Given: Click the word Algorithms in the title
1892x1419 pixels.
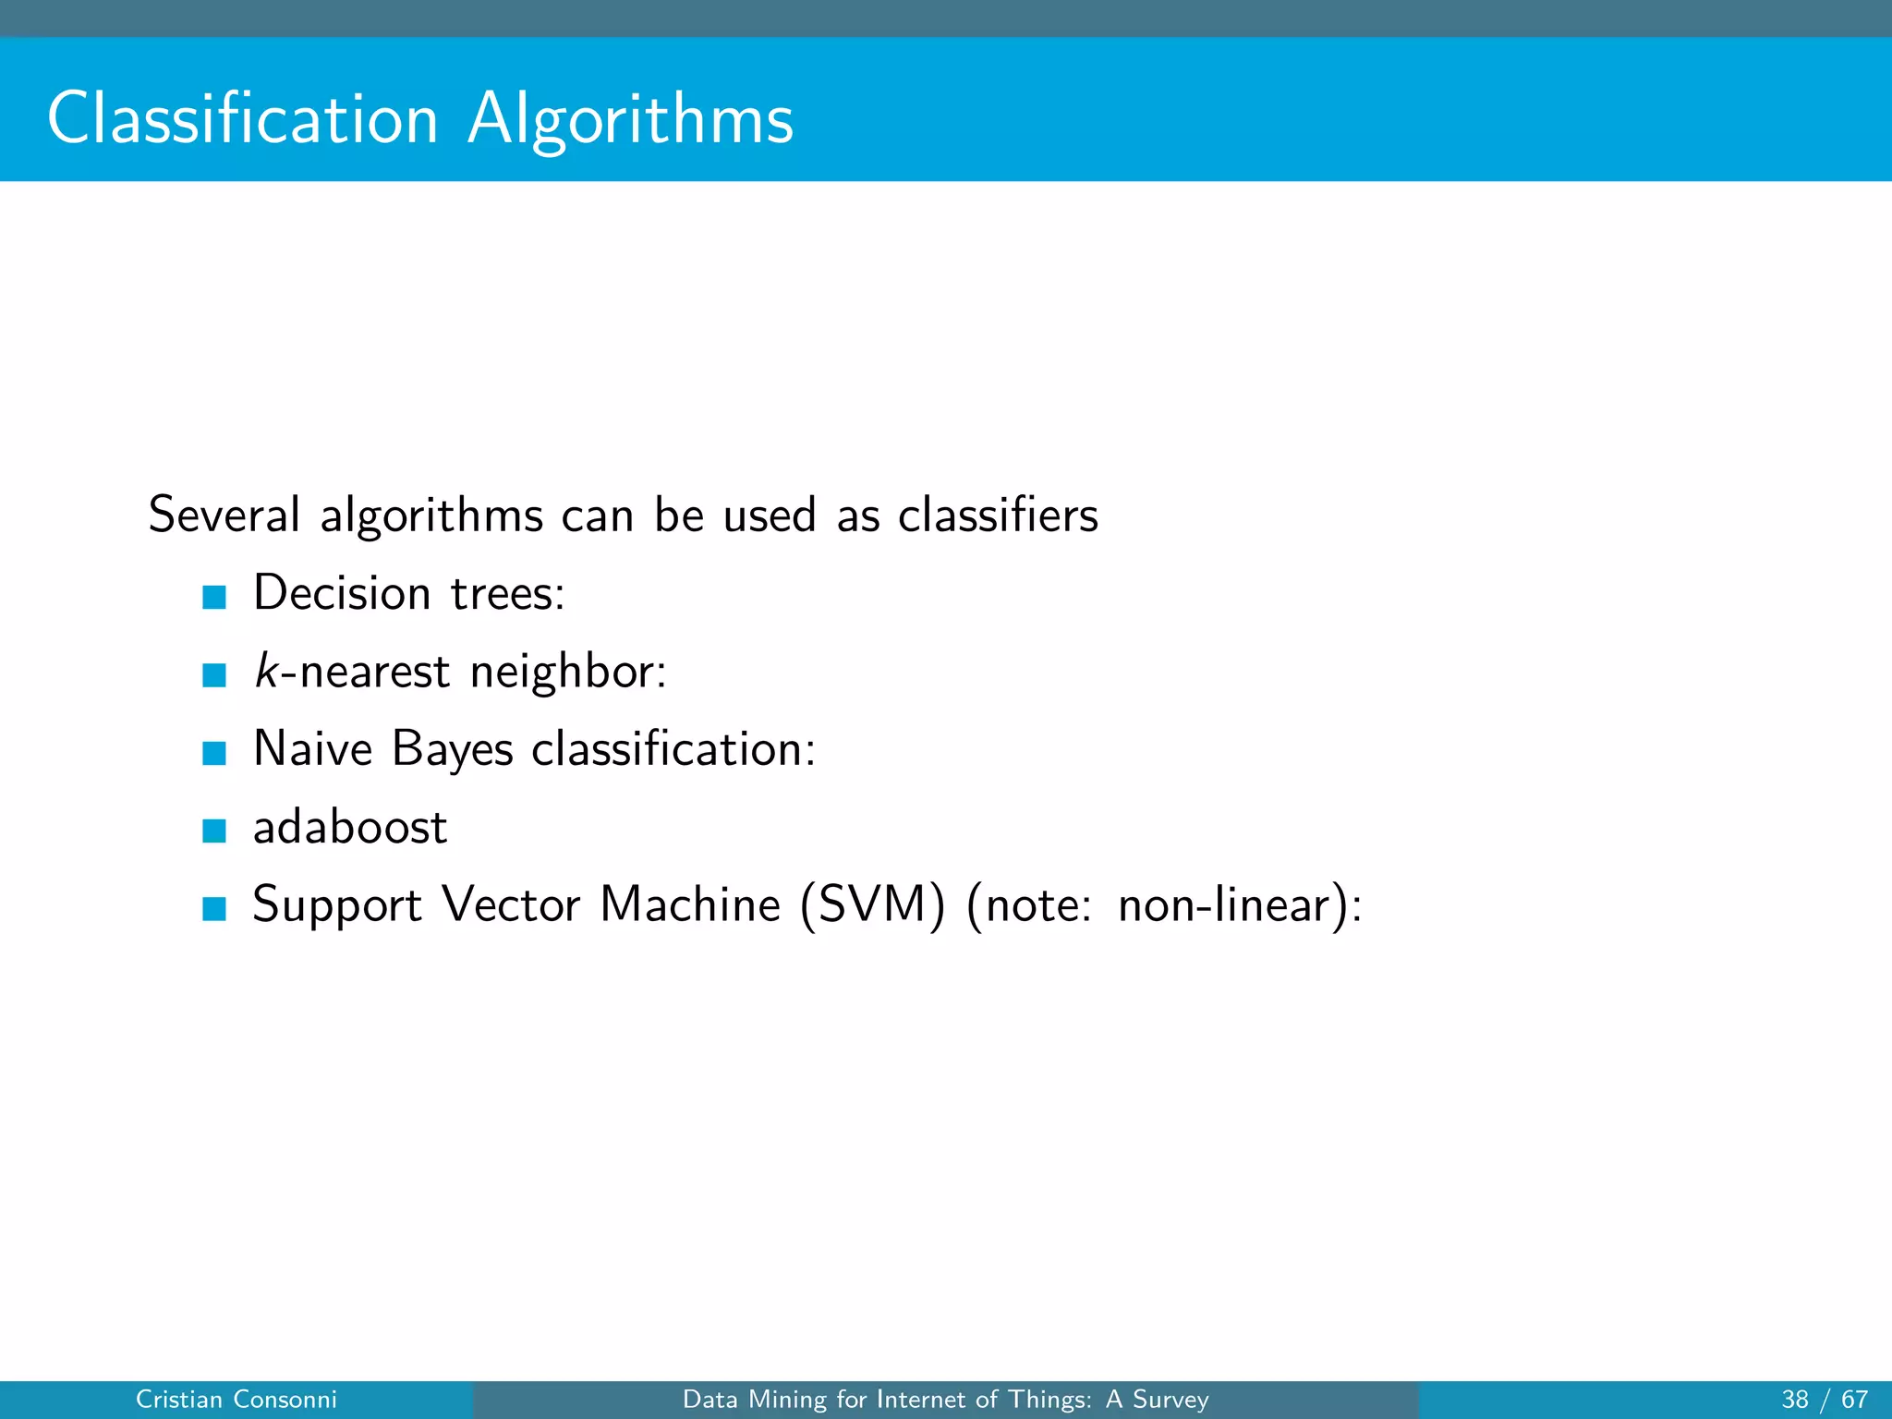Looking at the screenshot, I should point(630,120).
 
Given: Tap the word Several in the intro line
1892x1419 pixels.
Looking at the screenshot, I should point(224,515).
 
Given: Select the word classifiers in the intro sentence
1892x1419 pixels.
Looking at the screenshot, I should point(998,515).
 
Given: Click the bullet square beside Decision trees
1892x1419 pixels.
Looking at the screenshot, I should point(214,598).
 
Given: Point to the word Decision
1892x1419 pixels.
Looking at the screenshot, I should point(342,592).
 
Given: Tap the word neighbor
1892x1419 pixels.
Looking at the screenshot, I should point(567,672).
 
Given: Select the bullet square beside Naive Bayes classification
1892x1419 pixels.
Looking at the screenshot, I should point(214,754).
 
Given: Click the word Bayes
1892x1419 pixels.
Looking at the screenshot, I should point(452,749).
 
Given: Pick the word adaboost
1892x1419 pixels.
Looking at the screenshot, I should point(350,826).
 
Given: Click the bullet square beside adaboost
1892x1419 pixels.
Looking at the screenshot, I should point(214,831).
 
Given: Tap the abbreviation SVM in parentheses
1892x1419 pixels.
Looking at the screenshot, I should point(872,904).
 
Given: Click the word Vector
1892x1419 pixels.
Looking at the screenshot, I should point(511,904).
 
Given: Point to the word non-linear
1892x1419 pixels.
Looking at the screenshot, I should point(1229,904).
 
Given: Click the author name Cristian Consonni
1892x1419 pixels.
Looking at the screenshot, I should point(236,1400).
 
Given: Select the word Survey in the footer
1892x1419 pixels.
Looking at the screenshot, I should point(1170,1400).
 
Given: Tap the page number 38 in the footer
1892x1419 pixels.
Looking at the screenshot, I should point(1795,1400).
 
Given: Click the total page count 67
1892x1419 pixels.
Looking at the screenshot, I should point(1854,1400).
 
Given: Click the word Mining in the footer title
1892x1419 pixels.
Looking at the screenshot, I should point(788,1400).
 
